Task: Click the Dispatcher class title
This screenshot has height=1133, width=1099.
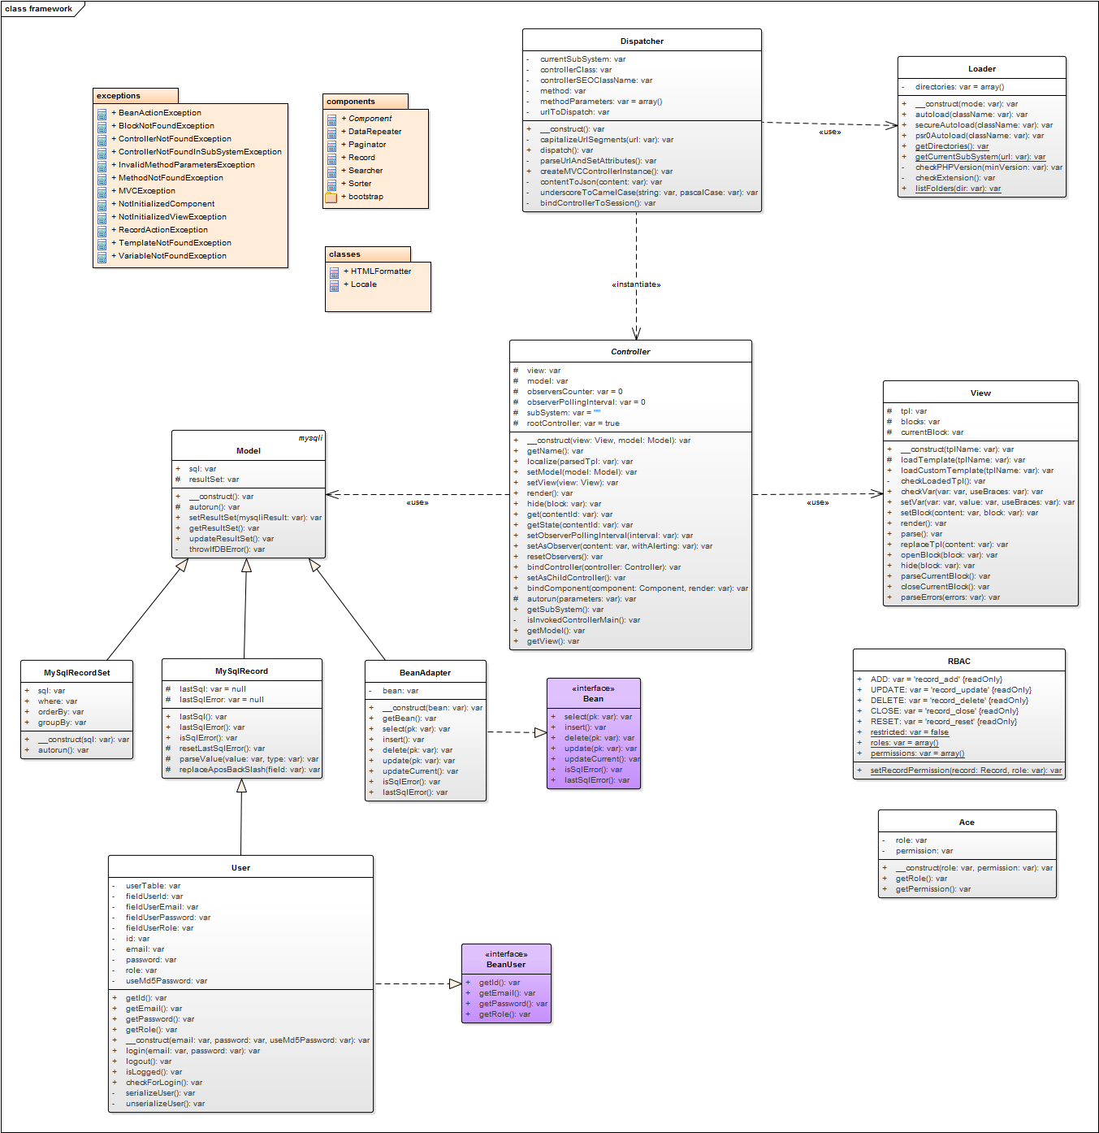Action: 642,41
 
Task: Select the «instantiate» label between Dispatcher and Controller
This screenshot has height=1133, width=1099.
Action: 636,284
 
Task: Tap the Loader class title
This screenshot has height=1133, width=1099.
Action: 981,69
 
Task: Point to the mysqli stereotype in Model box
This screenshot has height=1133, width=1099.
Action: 310,438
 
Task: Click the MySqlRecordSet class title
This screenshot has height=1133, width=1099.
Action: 76,673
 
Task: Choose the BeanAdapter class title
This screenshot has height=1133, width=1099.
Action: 425,673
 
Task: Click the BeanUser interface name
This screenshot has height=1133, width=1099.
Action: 506,965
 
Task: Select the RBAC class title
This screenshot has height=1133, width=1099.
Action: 958,662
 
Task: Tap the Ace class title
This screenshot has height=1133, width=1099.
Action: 967,823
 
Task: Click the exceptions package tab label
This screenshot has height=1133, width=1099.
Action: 119,96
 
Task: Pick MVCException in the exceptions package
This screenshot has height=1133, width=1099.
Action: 147,191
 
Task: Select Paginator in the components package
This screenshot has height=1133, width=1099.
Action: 367,145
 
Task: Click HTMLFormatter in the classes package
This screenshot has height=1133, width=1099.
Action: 381,271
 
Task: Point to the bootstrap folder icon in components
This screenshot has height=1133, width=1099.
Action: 331,198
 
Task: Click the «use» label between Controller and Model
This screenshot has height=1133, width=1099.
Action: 418,503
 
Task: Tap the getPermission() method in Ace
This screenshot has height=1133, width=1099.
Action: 932,889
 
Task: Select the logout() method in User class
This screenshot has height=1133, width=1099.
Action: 149,1061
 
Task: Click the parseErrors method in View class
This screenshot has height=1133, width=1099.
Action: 950,597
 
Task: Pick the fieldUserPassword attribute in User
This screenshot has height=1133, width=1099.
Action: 167,918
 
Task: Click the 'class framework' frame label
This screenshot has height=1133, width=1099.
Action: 38,9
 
